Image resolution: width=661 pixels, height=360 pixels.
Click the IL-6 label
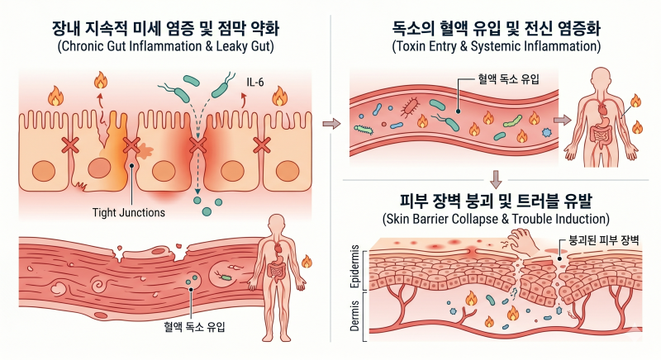coord(255,82)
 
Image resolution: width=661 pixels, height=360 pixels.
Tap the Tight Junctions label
coord(129,212)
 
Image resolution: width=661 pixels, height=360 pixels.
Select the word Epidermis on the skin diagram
coord(355,267)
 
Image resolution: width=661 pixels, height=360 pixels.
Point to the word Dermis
coord(355,315)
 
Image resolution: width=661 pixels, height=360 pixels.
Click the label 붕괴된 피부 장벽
coord(604,240)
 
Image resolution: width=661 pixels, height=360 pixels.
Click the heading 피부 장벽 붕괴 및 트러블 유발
coord(496,201)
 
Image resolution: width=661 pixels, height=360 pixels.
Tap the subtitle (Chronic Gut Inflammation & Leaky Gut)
coord(166,46)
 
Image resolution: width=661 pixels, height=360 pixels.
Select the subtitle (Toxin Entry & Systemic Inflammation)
coord(497,46)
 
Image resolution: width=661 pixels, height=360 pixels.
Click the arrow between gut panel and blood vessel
coord(331,124)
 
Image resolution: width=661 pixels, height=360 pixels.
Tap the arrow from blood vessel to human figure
coord(563,121)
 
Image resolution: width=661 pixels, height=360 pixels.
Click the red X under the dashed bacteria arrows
coord(197,145)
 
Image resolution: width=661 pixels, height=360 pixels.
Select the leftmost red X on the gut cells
coord(70,145)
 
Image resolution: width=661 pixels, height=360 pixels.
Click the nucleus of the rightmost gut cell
coord(288,172)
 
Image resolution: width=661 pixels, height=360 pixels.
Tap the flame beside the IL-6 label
coord(279,97)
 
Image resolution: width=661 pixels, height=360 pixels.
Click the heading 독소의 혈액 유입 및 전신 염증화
coord(497,28)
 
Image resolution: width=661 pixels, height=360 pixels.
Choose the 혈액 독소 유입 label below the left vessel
coord(194,327)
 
